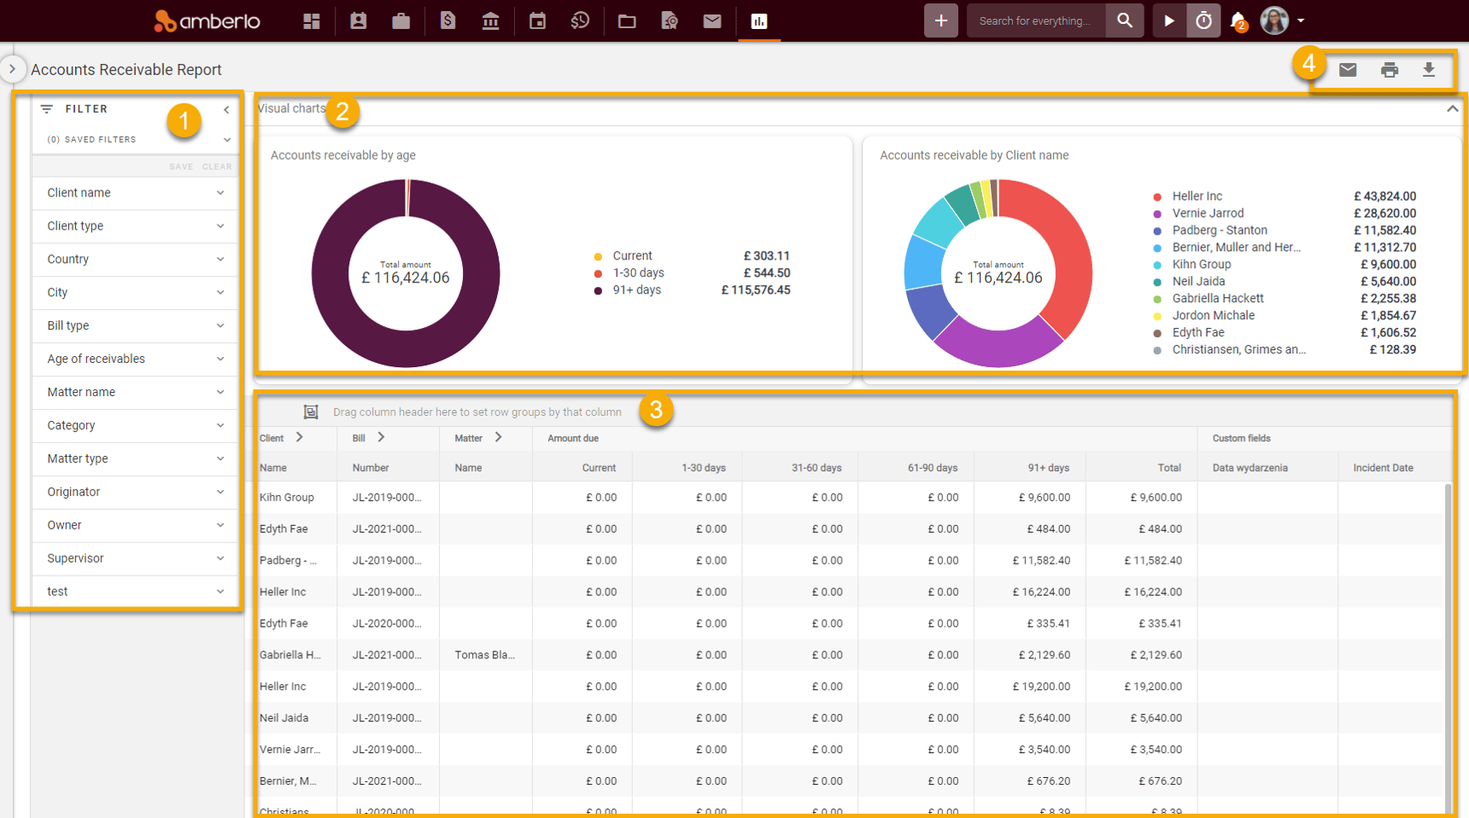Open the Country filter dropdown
(134, 259)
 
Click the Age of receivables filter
(134, 359)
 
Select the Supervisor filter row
(134, 558)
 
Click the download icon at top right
(1428, 70)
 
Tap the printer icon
(1390, 70)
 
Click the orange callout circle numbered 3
(655, 411)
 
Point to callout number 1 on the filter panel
(184, 120)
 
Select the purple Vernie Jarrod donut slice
(998, 346)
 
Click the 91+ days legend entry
(636, 290)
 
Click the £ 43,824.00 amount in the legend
(1384, 196)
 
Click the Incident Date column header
(1383, 468)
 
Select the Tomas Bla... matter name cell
(483, 655)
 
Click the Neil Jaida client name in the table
(284, 718)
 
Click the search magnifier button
(1124, 20)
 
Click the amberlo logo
(208, 20)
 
